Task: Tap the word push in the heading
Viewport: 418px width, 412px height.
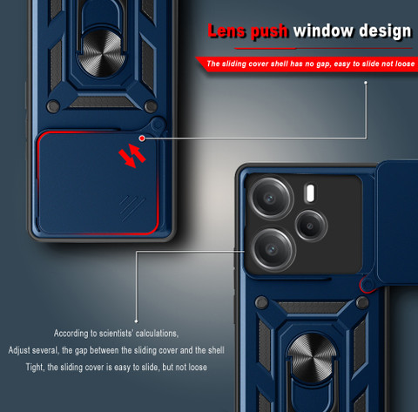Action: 269,31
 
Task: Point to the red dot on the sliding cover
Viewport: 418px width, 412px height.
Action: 142,138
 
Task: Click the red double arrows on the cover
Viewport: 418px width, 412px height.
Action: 132,156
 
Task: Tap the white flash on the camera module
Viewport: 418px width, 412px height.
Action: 310,192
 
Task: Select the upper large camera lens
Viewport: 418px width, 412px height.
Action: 272,199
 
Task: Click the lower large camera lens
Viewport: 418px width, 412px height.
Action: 273,250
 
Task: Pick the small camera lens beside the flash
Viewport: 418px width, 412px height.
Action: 311,226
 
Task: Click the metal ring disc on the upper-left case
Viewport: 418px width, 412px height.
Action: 101,53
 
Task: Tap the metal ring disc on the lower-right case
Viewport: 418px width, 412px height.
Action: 312,357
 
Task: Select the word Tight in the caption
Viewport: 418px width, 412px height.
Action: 35,367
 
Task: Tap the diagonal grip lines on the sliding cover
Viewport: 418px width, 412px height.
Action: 132,207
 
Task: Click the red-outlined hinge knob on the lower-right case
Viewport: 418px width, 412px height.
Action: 367,284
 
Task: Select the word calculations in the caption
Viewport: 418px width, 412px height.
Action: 157,334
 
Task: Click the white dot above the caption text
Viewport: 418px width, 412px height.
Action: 137,321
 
